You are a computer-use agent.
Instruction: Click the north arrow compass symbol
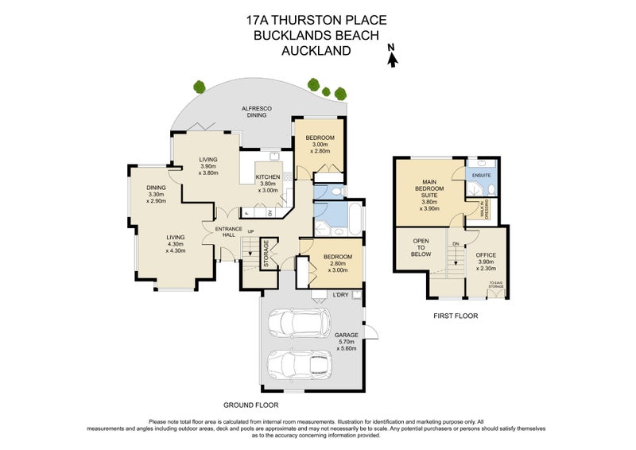(390, 54)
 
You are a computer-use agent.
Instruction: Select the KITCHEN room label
(267, 177)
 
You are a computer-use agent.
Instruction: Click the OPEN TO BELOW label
(421, 248)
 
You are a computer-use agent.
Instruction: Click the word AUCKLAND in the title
(316, 51)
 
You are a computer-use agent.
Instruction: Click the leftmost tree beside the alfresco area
(199, 87)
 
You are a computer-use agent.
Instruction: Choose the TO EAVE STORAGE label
(497, 284)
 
